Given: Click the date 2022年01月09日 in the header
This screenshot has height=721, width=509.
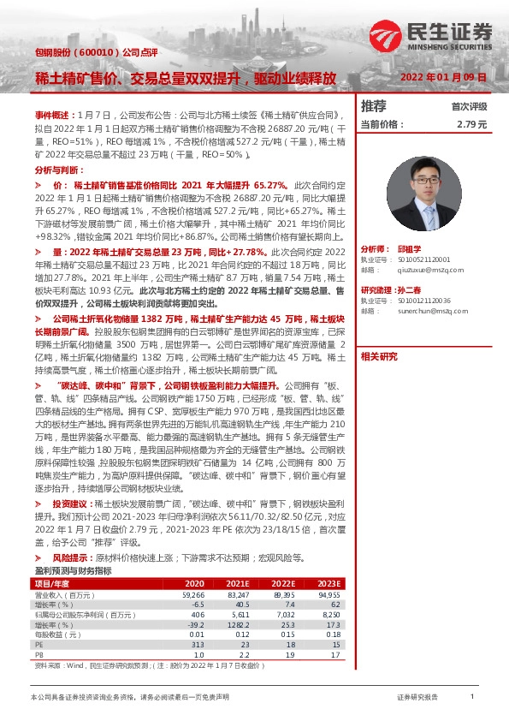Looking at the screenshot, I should (444, 76).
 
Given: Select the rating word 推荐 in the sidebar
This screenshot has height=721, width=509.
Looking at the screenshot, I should (374, 106).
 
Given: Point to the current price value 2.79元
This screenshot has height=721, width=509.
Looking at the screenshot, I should (471, 124).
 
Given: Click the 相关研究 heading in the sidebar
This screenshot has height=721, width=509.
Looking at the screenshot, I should (380, 356).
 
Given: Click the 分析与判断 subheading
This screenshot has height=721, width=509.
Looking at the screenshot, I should (58, 170).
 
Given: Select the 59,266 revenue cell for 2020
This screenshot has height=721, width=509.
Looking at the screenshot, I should (193, 593).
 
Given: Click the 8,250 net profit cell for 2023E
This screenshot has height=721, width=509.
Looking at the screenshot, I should (329, 613).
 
